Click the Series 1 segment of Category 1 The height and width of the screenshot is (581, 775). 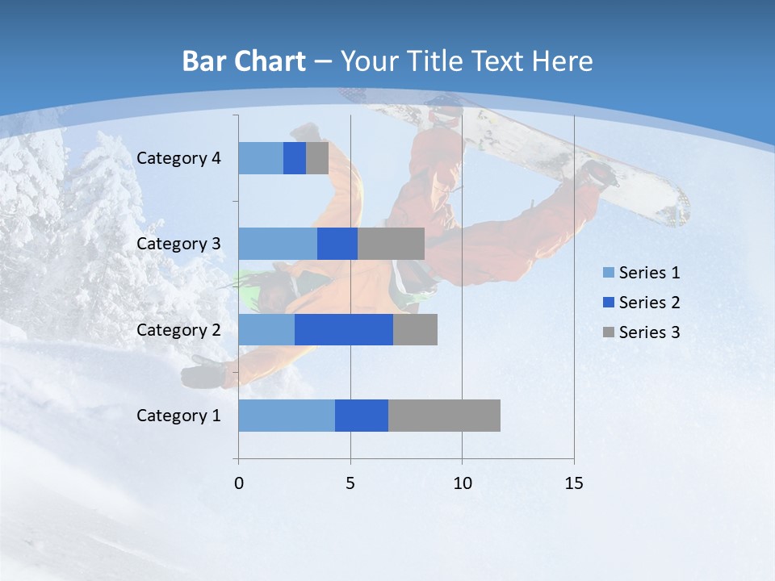tap(286, 416)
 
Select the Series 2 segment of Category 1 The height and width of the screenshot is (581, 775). tap(361, 416)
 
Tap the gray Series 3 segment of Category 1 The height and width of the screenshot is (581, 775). tap(444, 416)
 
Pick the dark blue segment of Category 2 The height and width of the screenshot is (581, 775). tap(343, 329)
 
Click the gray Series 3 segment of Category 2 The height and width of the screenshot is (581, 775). tap(415, 329)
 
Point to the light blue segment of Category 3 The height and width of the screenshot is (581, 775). tap(277, 244)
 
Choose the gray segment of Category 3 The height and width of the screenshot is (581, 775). tap(391, 244)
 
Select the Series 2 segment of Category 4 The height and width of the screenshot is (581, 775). tap(295, 158)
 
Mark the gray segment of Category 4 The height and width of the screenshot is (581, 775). tap(317, 158)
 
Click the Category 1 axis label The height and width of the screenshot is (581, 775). tap(178, 416)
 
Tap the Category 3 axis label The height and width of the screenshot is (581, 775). tap(178, 244)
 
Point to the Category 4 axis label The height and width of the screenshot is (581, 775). tap(178, 158)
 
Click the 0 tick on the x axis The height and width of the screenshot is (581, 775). tap(238, 483)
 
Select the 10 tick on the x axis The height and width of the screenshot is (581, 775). tap(462, 483)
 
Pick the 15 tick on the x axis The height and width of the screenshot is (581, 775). tap(573, 483)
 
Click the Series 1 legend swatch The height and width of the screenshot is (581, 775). tap(608, 273)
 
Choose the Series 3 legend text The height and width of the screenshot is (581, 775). tap(649, 332)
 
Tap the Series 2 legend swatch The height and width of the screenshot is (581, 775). tap(608, 303)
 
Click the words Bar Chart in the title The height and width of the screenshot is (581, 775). tap(243, 61)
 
